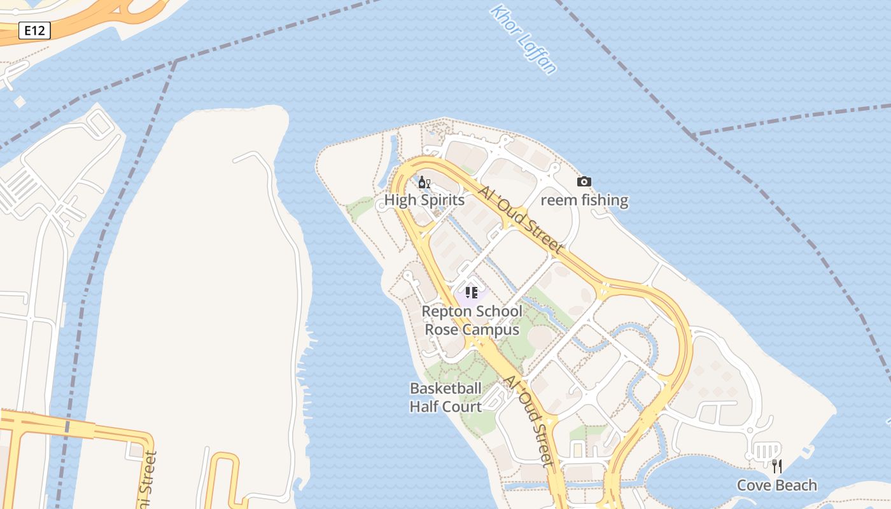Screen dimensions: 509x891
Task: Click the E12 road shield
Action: pos(34,31)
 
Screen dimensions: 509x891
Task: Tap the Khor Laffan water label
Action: pos(523,39)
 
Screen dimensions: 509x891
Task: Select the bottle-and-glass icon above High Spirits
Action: pos(424,183)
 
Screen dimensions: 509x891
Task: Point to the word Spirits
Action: pos(442,200)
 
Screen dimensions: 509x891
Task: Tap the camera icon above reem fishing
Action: pos(584,182)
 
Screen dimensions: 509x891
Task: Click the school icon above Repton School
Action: pos(471,293)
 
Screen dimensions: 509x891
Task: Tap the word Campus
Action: pos(491,330)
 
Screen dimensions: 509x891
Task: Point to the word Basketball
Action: pos(445,388)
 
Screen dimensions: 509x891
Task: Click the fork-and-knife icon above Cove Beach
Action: pos(776,466)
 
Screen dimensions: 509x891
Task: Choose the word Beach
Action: pos(796,485)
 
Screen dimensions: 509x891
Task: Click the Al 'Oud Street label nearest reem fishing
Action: pos(521,220)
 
